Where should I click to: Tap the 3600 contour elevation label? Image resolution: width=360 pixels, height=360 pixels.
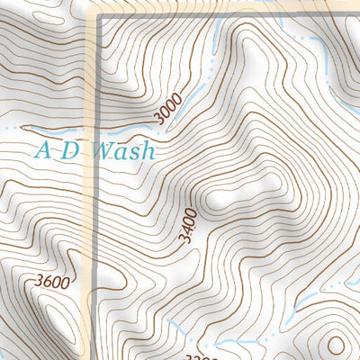coord(52,282)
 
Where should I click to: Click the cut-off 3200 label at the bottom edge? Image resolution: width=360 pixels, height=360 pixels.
coord(205,355)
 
